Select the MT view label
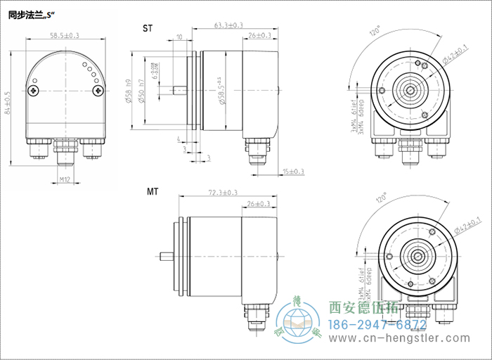153,191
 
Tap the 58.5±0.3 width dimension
65,35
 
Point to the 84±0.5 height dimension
8,103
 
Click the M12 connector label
65,180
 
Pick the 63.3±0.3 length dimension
228,25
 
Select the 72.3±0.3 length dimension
223,193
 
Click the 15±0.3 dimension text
293,171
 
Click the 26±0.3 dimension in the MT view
259,204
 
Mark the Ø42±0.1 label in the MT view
468,225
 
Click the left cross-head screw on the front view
33,90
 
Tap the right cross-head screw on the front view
97,90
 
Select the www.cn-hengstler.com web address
387,342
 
